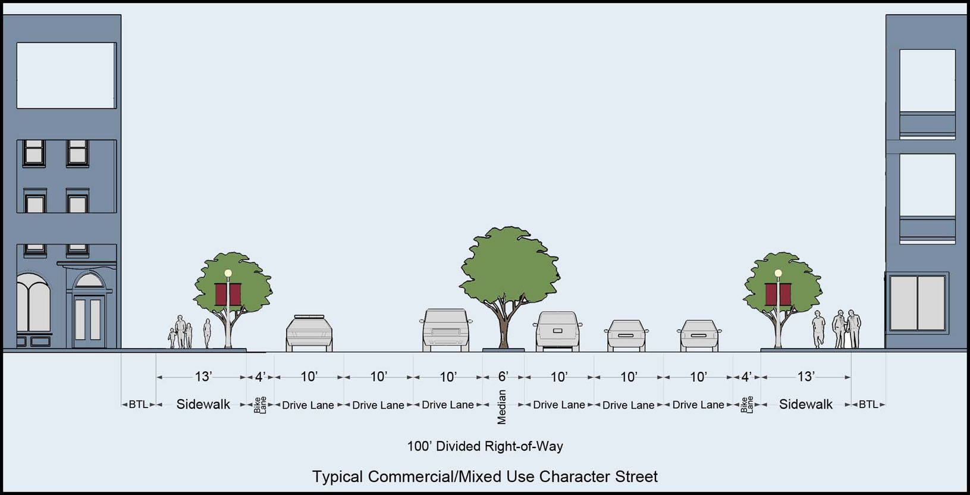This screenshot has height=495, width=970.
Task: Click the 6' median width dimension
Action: point(503,377)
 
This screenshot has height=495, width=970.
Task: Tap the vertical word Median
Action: point(502,407)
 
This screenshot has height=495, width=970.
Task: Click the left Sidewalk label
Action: point(203,405)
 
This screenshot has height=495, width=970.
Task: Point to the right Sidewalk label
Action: point(806,405)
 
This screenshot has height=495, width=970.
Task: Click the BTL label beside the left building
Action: point(139,405)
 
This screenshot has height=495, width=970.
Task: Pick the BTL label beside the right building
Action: point(868,405)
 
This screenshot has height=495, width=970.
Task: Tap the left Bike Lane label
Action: point(260,405)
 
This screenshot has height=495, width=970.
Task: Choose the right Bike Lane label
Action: point(747,405)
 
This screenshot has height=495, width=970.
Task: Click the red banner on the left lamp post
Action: point(228,293)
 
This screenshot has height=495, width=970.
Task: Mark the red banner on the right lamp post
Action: point(778,293)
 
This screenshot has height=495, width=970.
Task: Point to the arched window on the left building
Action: point(33,306)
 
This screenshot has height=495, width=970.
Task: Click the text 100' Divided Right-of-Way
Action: point(485,446)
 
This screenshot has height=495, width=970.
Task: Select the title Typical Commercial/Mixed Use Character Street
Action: point(485,477)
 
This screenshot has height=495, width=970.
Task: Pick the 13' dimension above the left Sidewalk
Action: point(203,377)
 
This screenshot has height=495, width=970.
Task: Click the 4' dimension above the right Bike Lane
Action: point(746,377)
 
